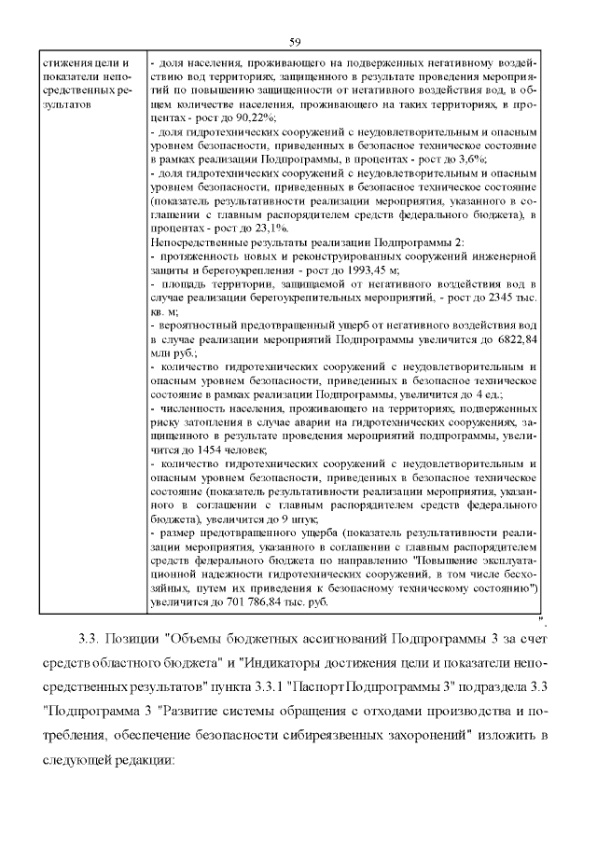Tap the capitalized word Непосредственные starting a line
point(200,241)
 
